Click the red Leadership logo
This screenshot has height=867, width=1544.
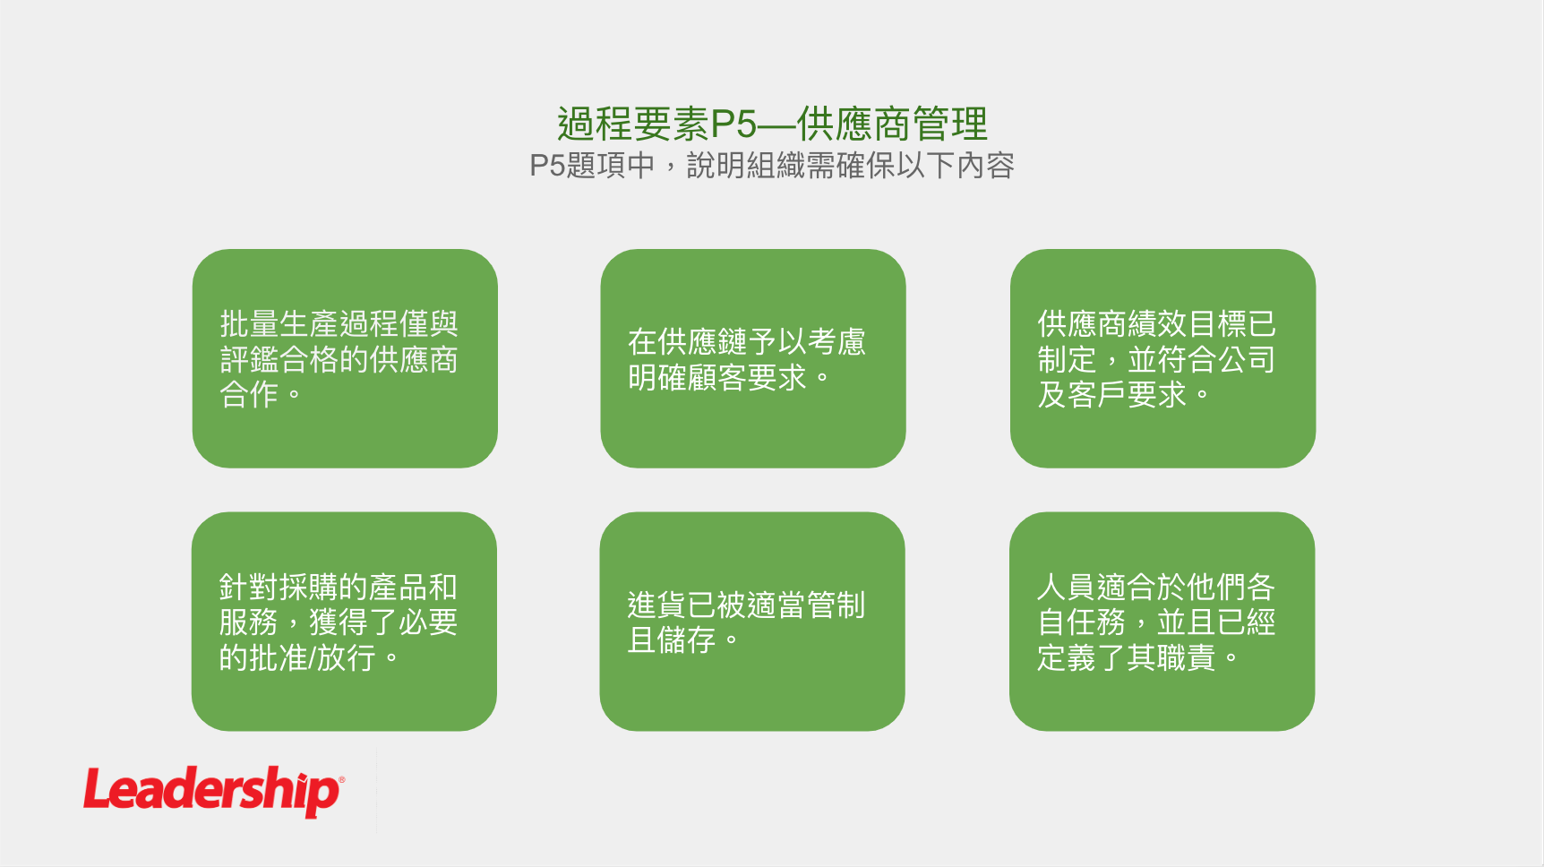click(213, 792)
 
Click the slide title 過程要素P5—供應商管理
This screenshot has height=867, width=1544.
click(772, 124)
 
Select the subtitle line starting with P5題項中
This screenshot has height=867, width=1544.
click(772, 166)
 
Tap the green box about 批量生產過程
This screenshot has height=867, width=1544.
click(345, 358)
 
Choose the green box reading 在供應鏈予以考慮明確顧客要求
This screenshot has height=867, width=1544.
click(753, 358)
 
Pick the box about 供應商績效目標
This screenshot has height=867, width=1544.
click(1162, 358)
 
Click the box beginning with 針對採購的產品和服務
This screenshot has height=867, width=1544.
click(344, 622)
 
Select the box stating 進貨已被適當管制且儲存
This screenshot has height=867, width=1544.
click(752, 622)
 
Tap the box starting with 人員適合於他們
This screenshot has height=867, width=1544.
click(1162, 622)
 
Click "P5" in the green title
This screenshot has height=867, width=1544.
click(733, 124)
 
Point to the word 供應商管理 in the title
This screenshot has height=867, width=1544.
click(892, 124)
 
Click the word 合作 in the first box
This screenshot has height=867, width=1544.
click(249, 394)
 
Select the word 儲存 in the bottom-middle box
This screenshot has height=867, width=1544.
click(686, 640)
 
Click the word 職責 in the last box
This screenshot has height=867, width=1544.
click(1186, 658)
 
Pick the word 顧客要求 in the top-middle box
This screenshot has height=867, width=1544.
click(747, 377)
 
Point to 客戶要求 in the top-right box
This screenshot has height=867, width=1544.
click(1127, 394)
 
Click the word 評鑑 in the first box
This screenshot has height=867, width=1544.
click(249, 359)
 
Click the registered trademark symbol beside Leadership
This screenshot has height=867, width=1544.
click(341, 779)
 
